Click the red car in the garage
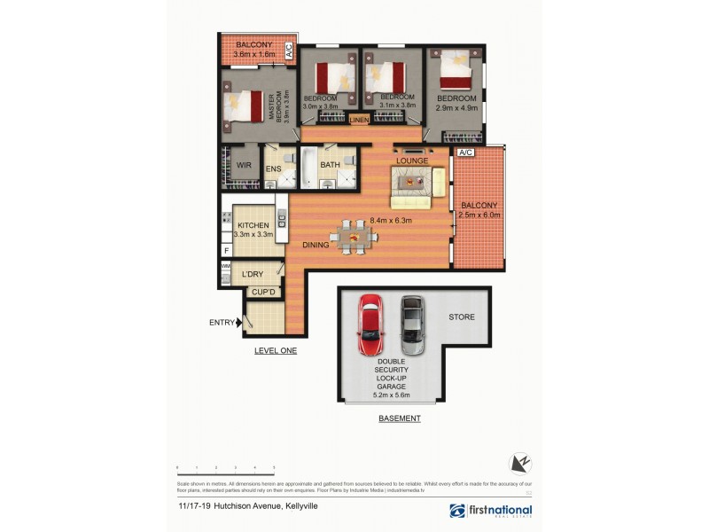(369, 325)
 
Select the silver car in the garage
(410, 325)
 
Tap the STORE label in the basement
(461, 317)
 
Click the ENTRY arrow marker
(238, 323)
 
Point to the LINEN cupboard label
(359, 120)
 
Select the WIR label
(243, 166)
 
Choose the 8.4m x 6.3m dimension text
(391, 222)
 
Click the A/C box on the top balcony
(288, 50)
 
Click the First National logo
(491, 511)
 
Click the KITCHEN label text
(253, 226)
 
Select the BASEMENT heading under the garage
(399, 418)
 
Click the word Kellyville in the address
(300, 505)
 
